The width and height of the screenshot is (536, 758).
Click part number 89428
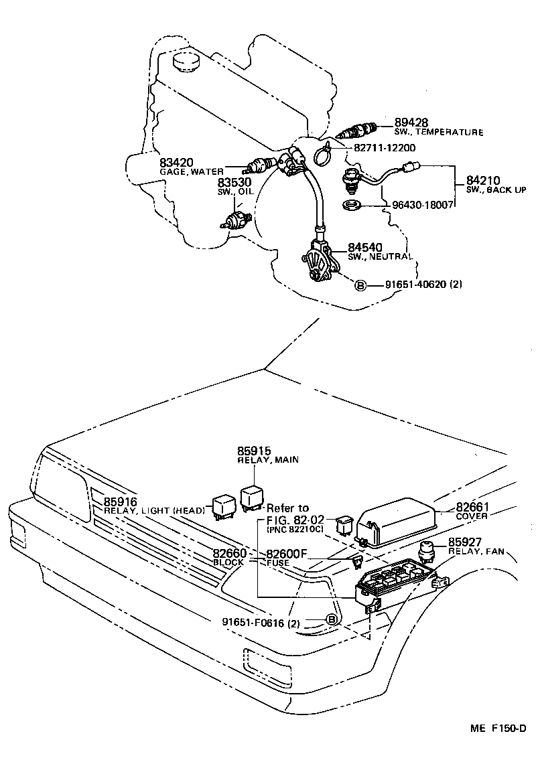click(x=411, y=122)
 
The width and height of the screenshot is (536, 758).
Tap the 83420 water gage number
click(x=176, y=162)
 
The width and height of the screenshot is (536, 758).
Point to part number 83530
click(x=232, y=182)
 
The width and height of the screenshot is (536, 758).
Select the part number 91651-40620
click(x=415, y=285)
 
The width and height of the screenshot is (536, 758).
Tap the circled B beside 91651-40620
click(x=360, y=285)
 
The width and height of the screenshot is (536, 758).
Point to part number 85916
click(x=120, y=502)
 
